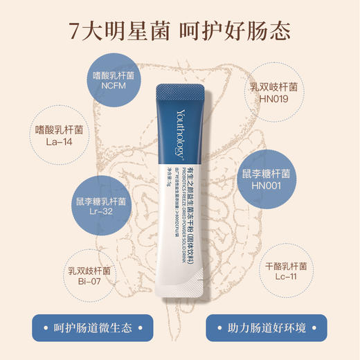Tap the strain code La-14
tap(59, 143)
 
